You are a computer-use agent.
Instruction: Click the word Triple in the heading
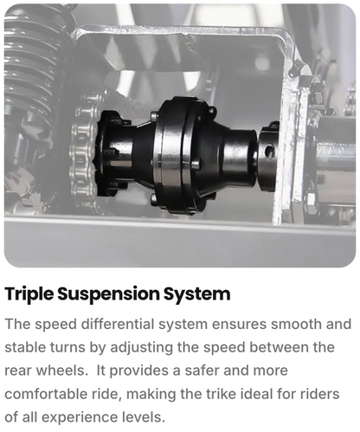tap(29, 294)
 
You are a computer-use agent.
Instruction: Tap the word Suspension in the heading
tap(108, 294)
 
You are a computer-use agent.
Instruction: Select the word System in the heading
tap(197, 294)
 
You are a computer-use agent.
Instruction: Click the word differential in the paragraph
tap(118, 324)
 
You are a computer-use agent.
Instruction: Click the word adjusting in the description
tap(142, 348)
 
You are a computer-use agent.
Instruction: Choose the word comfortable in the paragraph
tap(46, 394)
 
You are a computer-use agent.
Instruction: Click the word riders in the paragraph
tap(320, 394)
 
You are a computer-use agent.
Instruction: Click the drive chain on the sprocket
tap(84, 150)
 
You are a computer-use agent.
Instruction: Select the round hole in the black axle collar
tap(269, 152)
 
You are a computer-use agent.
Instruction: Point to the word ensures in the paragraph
tap(239, 325)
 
